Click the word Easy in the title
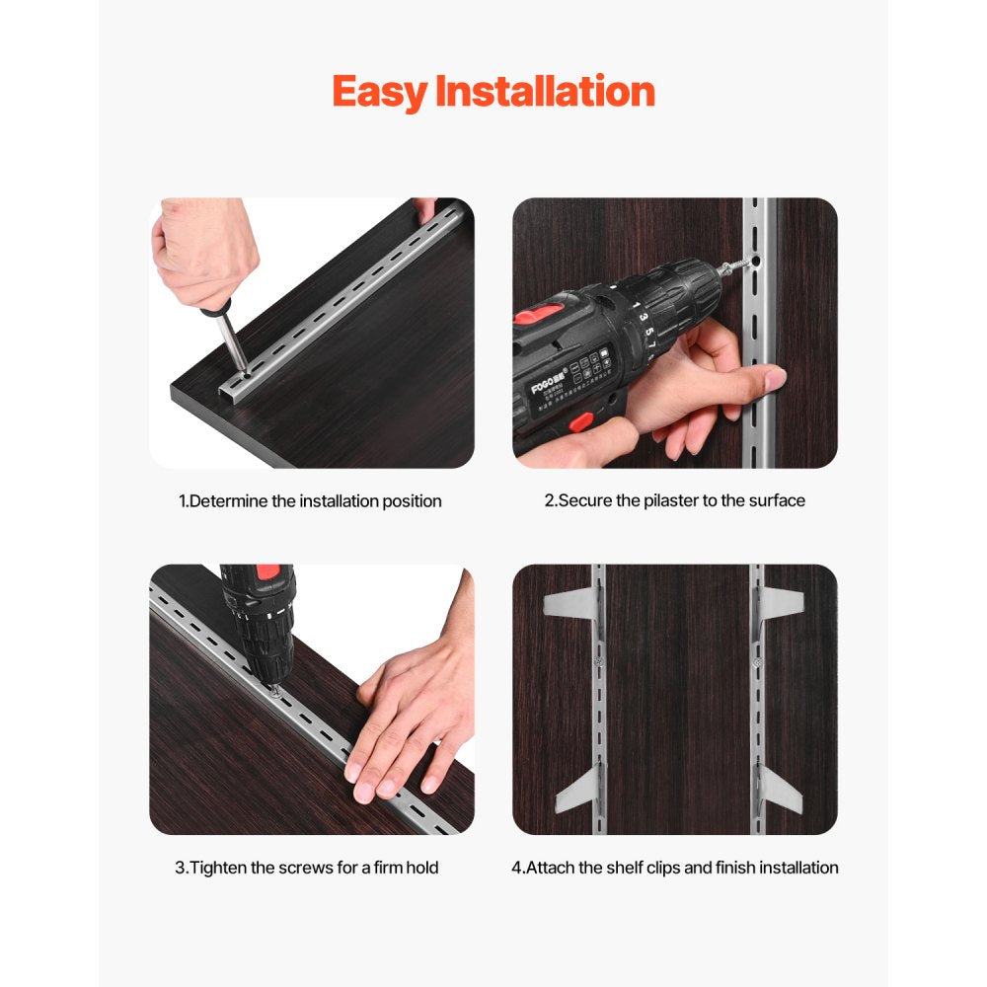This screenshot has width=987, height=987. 379,93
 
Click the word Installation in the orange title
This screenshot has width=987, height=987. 545,92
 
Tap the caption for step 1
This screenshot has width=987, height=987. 311,501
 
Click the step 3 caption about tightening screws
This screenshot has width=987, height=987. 307,868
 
